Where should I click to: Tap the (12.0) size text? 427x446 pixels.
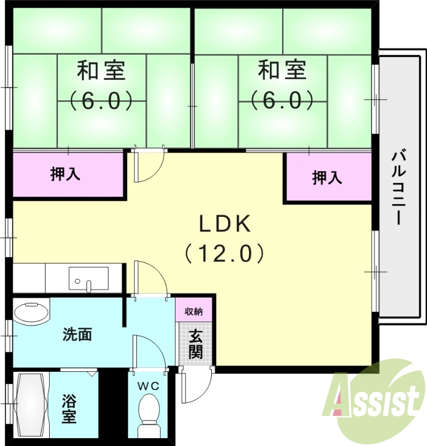[225, 254]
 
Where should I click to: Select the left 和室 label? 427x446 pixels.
[101, 71]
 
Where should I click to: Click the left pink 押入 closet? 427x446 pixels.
[67, 174]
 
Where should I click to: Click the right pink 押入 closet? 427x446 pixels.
[327, 178]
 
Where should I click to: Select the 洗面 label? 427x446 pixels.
[77, 335]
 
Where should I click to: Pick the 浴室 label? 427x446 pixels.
[69, 408]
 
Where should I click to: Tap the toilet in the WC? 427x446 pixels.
[149, 409]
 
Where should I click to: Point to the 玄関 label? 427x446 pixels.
[196, 343]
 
